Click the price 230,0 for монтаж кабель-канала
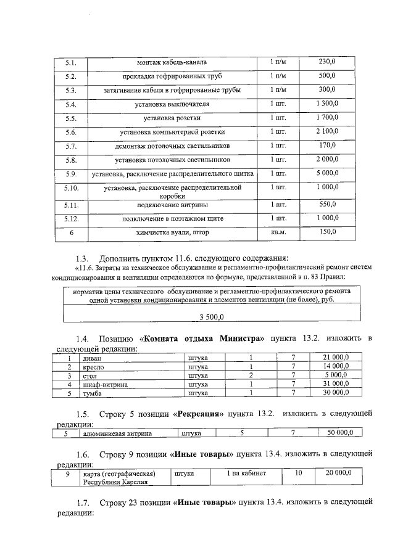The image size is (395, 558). point(326,62)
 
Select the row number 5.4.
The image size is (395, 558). point(70,104)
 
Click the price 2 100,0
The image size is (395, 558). point(326,131)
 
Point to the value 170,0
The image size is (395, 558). point(326,146)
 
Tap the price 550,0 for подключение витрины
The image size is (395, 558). point(326,204)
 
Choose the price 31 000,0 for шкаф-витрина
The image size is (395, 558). point(336,384)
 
